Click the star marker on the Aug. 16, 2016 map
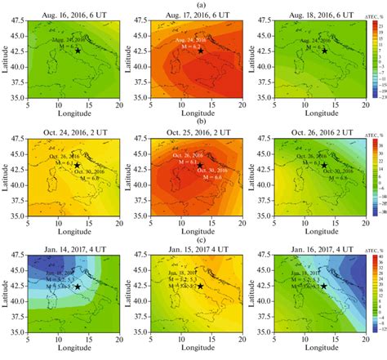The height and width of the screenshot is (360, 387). pyautogui.click(x=78, y=51)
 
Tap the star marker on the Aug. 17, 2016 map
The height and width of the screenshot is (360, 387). pyautogui.click(x=201, y=51)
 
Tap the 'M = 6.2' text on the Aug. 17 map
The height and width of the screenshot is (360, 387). pyautogui.click(x=194, y=47)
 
